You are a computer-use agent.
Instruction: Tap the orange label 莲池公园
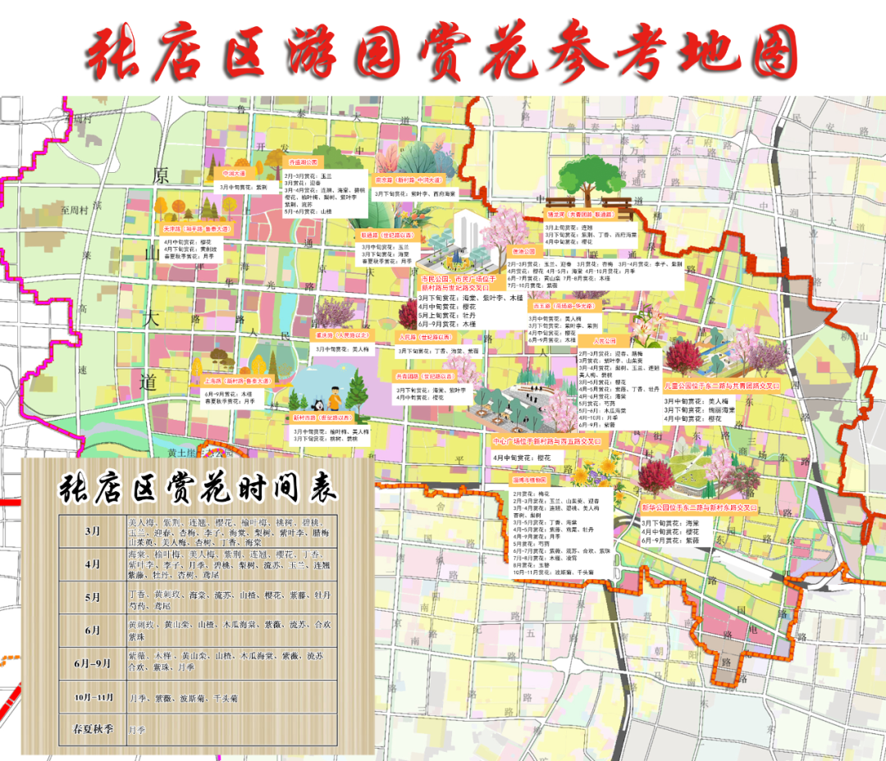point(523,251)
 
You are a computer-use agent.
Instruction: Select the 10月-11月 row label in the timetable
point(92,698)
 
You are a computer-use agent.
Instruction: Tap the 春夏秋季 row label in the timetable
point(92,728)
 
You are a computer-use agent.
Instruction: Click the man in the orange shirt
point(335,399)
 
